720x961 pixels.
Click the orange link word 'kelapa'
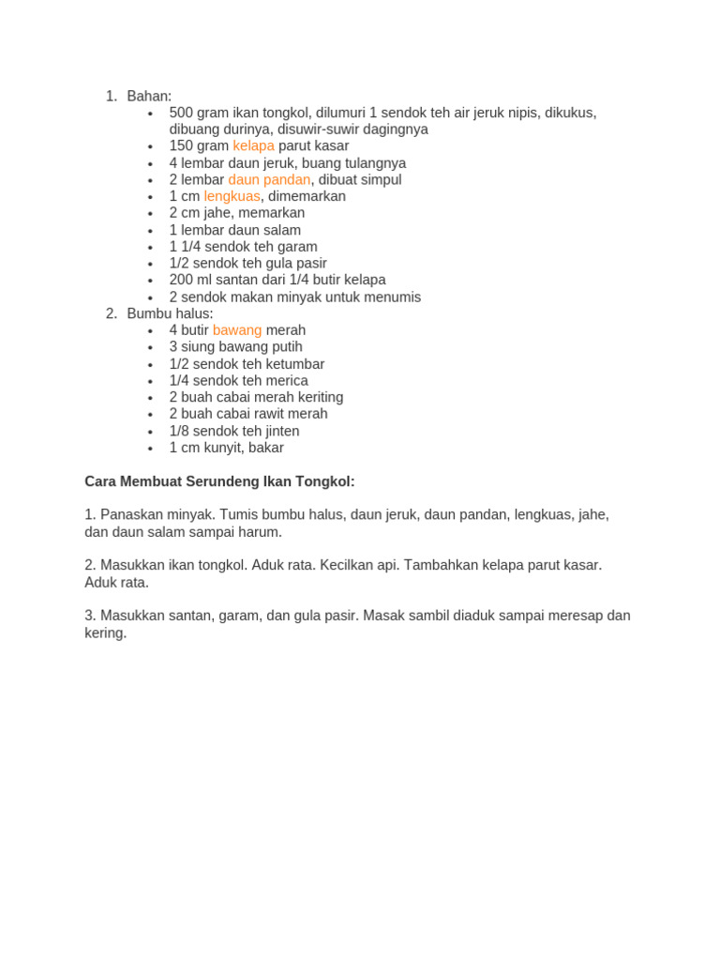pyautogui.click(x=253, y=146)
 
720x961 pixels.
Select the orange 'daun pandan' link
pyautogui.click(x=269, y=180)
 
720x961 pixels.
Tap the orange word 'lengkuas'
pyautogui.click(x=232, y=196)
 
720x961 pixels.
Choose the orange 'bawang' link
pyautogui.click(x=237, y=330)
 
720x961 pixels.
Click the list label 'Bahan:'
pyautogui.click(x=149, y=96)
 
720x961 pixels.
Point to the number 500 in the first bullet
pyautogui.click(x=182, y=113)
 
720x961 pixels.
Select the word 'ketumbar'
pyautogui.click(x=294, y=364)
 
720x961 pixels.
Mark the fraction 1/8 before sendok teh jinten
pyautogui.click(x=179, y=431)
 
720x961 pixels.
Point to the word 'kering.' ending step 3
pyautogui.click(x=105, y=633)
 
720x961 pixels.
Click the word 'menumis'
pyautogui.click(x=392, y=297)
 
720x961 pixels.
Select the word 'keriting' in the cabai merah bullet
pyautogui.click(x=314, y=397)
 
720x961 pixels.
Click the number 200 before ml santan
pyautogui.click(x=181, y=280)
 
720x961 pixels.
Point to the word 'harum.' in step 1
pyautogui.click(x=261, y=532)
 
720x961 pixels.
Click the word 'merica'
pyautogui.click(x=286, y=381)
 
